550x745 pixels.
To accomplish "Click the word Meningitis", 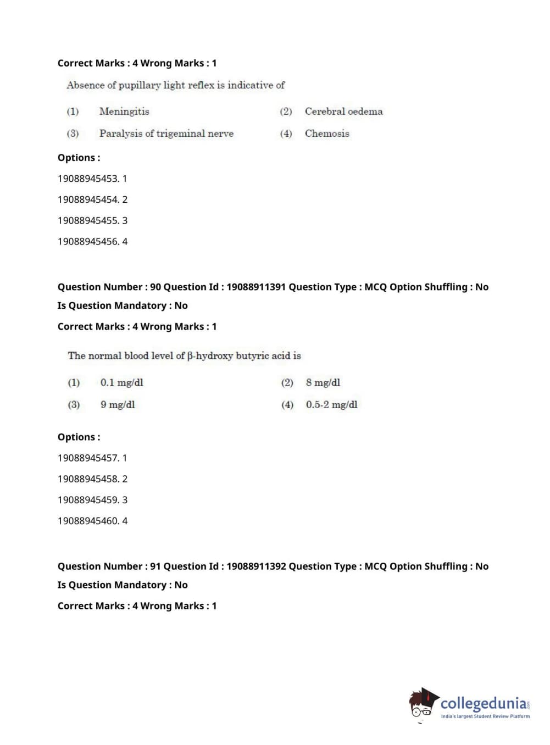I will [x=124, y=112].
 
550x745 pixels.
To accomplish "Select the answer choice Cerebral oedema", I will [x=343, y=112].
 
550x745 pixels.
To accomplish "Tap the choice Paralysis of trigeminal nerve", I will [x=166, y=134].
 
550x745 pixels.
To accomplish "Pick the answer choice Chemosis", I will [x=327, y=134].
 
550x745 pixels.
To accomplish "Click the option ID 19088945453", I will [x=88, y=179].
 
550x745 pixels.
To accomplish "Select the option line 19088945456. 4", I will [x=92, y=241].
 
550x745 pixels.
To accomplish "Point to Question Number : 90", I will [x=109, y=287].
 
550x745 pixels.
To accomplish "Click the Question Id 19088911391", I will [x=256, y=287].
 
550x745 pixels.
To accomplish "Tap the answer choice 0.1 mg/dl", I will [x=121, y=382].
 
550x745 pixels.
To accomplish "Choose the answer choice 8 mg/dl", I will [x=323, y=382].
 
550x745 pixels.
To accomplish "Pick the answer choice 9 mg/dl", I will [x=117, y=405].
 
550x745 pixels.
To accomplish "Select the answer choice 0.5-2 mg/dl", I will [x=331, y=405].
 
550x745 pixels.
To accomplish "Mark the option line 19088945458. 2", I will [x=92, y=479].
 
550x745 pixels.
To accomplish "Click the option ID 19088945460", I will [x=88, y=521].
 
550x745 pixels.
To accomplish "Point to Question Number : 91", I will [x=109, y=566].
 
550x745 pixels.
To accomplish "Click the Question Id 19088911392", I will [x=256, y=566].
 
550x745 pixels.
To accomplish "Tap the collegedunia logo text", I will [x=484, y=703].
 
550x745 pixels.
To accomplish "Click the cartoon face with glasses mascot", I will [x=422, y=703].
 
